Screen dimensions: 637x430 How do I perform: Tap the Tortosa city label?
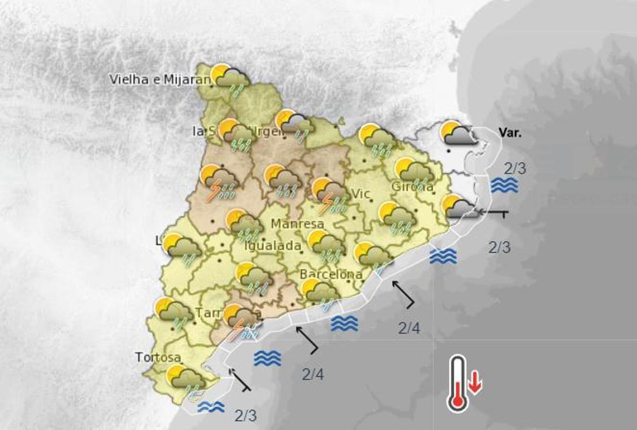pos(158,357)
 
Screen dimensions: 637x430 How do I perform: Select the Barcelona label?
pos(331,275)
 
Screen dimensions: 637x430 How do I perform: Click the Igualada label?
pos(272,246)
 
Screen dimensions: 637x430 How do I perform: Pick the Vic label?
pos(360,193)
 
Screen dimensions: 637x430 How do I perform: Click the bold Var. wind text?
pos(510,133)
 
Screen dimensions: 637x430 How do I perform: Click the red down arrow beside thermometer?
pos(475,383)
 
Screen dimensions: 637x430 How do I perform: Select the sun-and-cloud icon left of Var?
pos(458,134)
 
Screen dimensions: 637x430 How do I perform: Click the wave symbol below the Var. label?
pos(504,185)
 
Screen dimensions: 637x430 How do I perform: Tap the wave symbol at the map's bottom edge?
pos(211,407)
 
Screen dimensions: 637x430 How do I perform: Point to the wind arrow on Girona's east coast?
pos(494,213)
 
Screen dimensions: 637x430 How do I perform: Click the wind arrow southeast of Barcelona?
pos(403,295)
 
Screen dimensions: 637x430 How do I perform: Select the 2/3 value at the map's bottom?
pos(246,415)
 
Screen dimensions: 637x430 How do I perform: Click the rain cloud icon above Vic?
pos(377,140)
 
